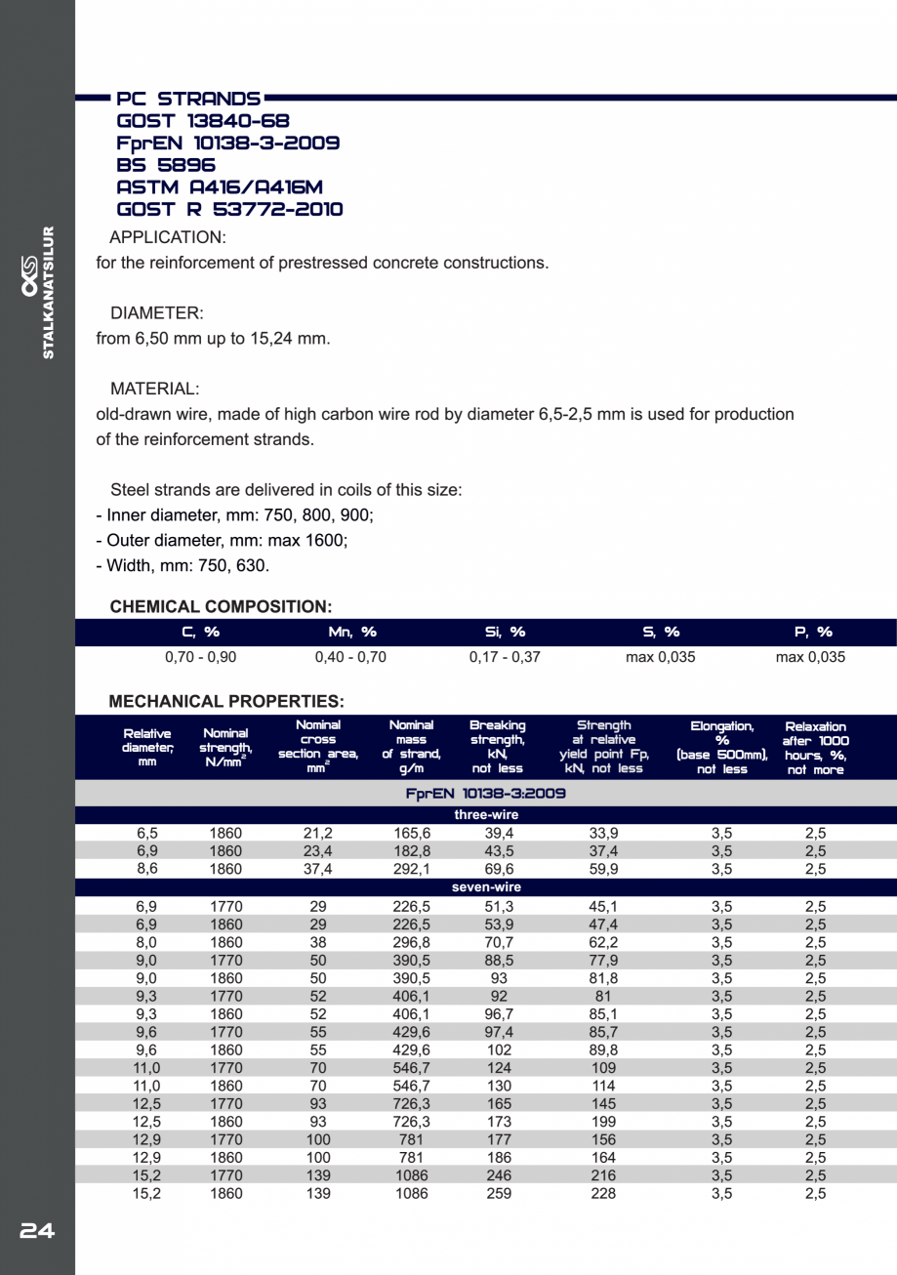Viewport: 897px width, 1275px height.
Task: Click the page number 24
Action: (x=37, y=1231)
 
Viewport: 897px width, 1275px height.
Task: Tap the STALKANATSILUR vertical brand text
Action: (x=49, y=293)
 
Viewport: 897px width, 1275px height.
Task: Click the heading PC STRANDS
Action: (x=188, y=99)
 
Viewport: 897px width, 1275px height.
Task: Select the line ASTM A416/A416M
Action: (x=220, y=186)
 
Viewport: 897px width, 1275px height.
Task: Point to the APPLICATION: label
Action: (x=168, y=237)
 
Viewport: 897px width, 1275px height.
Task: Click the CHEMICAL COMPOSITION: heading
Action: (x=221, y=606)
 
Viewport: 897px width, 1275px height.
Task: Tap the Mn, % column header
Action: (x=351, y=632)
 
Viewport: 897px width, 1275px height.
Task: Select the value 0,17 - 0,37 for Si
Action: (x=505, y=657)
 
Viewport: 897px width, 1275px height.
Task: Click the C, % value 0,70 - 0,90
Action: (x=200, y=657)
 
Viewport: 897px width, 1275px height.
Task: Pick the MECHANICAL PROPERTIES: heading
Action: (x=226, y=701)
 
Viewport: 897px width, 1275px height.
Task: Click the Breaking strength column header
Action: (x=498, y=747)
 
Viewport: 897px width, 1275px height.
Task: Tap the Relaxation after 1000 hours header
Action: (x=815, y=748)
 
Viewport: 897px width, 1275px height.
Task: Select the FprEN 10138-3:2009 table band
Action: (x=486, y=794)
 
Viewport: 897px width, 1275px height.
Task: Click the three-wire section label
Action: (x=486, y=814)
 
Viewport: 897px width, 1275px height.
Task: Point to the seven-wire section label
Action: (x=486, y=887)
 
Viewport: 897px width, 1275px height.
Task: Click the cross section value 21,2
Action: (x=318, y=833)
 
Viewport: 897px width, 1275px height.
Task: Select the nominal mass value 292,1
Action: (x=411, y=869)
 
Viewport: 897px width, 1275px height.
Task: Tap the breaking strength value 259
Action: (x=499, y=1193)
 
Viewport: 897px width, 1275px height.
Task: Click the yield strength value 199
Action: (x=603, y=1122)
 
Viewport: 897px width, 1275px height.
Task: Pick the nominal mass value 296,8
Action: (x=411, y=942)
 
